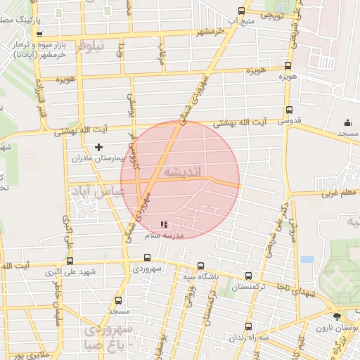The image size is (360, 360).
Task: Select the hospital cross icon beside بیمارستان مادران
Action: click(98, 147)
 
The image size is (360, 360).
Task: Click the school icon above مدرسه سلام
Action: click(164, 225)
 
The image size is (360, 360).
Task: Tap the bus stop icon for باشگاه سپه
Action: click(201, 266)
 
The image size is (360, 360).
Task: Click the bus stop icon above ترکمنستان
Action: click(248, 276)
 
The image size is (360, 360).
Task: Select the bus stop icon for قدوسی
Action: click(289, 110)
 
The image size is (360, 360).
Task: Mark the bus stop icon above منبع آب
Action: click(242, 11)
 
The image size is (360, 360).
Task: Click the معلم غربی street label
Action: click(337, 191)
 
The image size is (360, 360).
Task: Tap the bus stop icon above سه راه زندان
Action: click(248, 326)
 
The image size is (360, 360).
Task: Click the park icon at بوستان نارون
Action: click(337, 317)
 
